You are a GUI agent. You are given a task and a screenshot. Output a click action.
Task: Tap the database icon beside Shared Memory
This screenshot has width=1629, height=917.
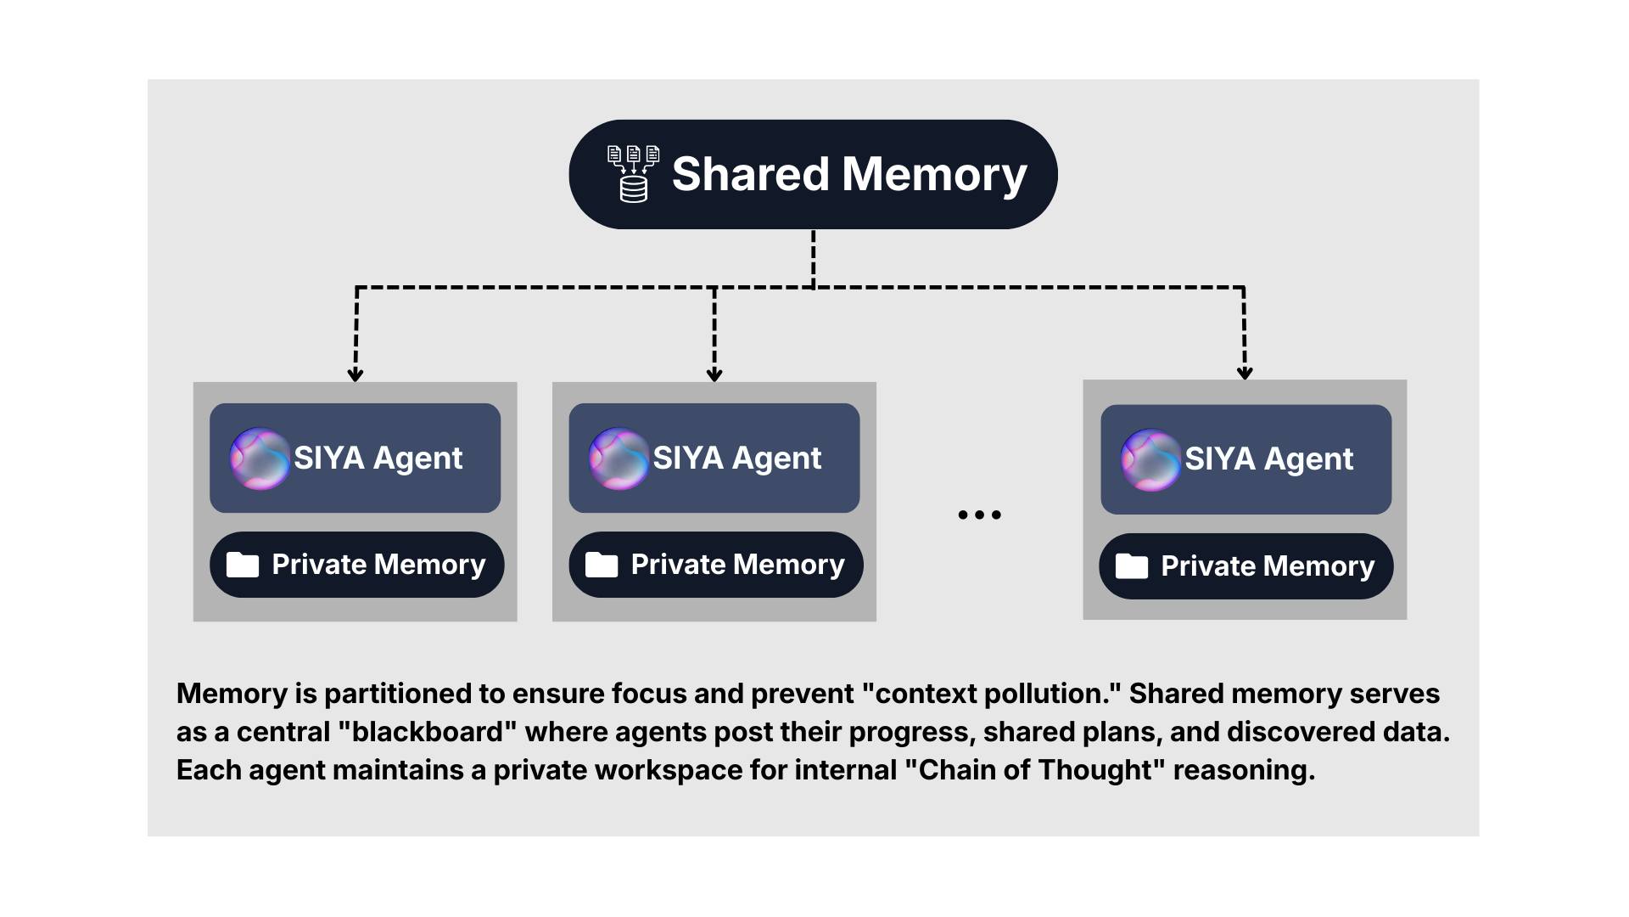pos(633,174)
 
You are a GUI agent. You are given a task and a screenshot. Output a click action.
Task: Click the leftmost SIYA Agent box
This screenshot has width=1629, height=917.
pos(355,458)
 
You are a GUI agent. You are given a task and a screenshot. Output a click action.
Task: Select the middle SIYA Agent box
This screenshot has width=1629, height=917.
pos(714,458)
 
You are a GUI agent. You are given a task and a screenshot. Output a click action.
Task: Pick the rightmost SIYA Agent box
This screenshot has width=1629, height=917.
pos(1246,459)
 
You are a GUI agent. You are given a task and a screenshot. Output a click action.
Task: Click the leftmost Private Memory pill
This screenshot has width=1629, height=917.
pos(356,565)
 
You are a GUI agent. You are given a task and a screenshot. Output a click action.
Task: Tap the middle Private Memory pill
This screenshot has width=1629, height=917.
pos(715,565)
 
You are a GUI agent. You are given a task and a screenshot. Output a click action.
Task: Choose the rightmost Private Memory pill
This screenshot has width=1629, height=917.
pos(1246,566)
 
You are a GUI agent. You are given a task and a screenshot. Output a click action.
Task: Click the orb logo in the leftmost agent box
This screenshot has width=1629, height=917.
pos(260,458)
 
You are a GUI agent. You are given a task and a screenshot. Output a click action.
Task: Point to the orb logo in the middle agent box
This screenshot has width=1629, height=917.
pos(619,458)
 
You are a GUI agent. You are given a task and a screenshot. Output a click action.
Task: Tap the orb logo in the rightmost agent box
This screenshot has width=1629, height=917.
pos(1150,460)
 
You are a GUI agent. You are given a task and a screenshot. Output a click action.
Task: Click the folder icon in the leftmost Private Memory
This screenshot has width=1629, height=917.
pos(243,565)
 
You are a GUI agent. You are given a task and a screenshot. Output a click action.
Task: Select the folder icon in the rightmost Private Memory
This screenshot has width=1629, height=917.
pos(1131,566)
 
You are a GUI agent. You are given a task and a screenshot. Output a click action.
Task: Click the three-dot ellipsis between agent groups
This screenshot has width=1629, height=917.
pos(979,515)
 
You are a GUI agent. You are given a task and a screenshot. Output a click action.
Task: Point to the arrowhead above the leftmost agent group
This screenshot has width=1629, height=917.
pos(355,374)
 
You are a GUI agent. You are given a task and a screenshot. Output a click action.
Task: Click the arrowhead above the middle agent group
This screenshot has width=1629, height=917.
pos(714,374)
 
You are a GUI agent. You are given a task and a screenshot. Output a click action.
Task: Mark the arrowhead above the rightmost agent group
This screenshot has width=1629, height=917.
pos(1245,373)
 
